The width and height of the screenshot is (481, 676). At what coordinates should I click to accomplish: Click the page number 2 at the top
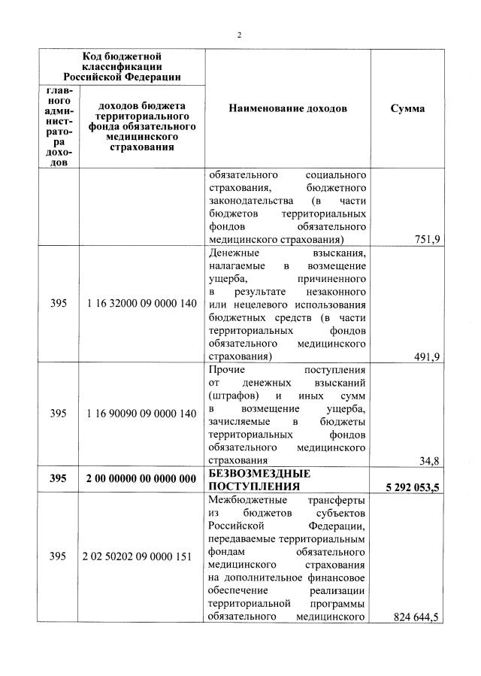(x=240, y=35)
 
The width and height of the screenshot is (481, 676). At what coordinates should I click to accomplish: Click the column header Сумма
(x=407, y=108)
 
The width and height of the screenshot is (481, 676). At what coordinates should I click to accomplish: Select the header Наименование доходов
(x=288, y=108)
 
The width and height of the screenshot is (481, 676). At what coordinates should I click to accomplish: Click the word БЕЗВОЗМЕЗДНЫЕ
(x=259, y=474)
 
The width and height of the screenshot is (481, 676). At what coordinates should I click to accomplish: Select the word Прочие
(x=226, y=370)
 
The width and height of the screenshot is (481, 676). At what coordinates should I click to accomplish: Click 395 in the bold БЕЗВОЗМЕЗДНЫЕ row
(x=58, y=479)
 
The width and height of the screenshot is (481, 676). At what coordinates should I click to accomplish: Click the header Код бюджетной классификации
(x=121, y=66)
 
